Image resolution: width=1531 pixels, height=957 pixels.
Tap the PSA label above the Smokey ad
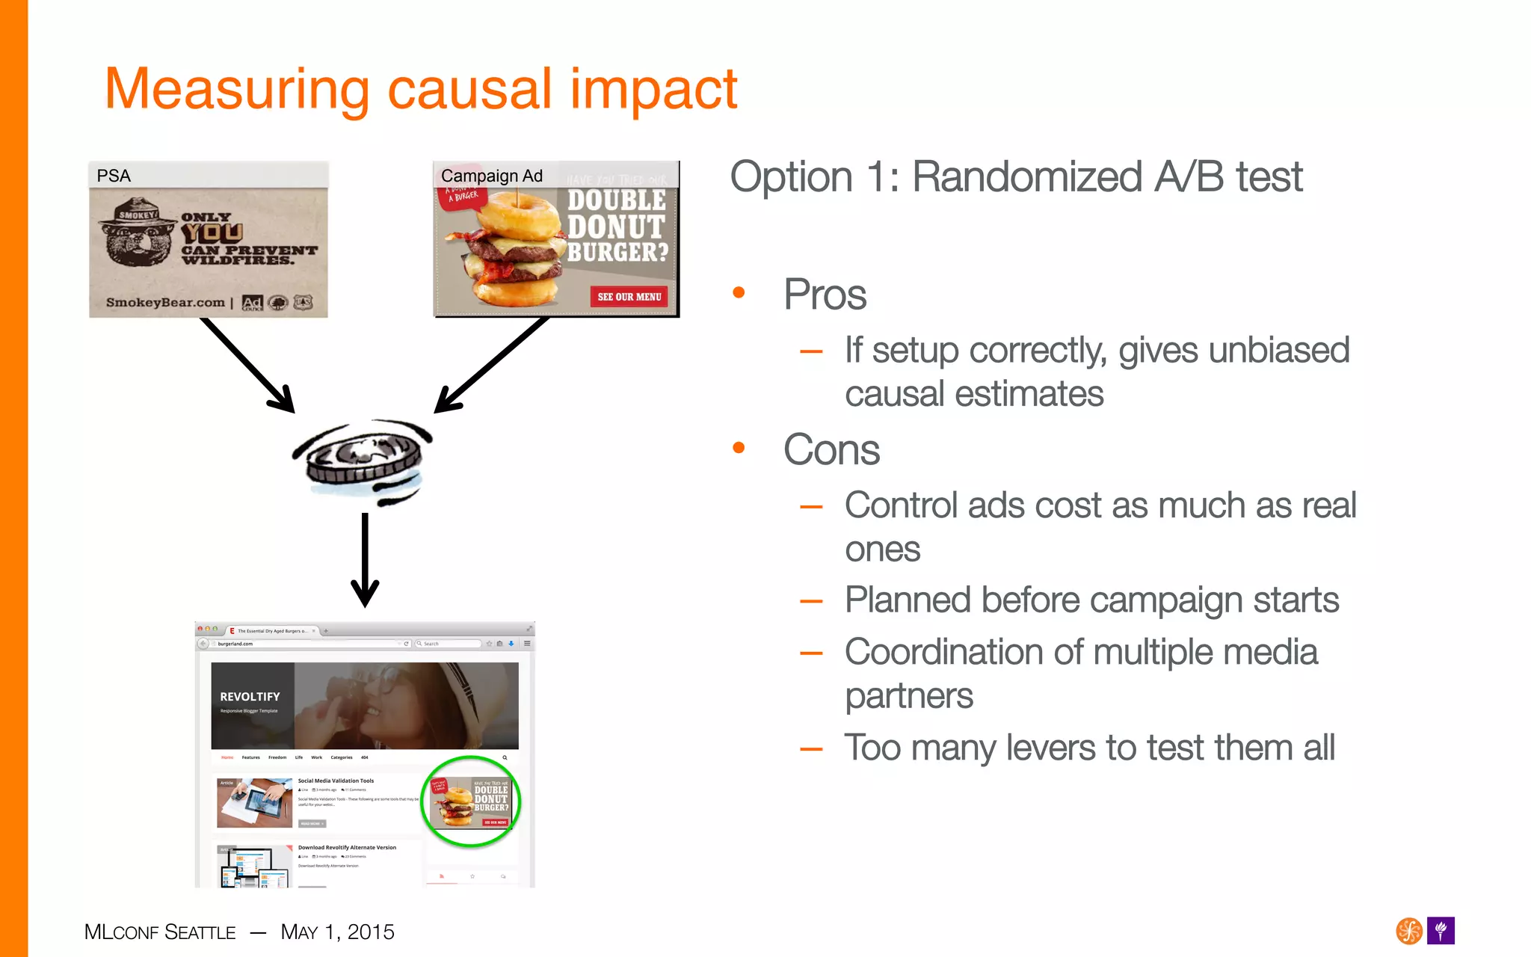click(x=114, y=176)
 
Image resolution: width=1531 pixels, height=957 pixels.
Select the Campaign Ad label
click(x=491, y=176)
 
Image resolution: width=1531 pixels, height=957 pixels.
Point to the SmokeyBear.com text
click(x=165, y=303)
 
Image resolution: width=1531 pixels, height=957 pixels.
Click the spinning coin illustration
click(x=363, y=460)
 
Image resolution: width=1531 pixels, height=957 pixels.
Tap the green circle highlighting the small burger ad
click(x=471, y=801)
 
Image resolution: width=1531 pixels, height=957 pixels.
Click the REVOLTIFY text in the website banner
click(x=250, y=697)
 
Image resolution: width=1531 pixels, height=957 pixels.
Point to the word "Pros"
click(x=825, y=295)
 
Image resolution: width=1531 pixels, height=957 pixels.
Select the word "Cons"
click(x=831, y=450)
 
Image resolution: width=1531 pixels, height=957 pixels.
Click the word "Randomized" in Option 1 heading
click(x=1027, y=178)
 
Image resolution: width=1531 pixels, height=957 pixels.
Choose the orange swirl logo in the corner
click(x=1409, y=931)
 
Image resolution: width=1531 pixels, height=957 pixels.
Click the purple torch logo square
click(x=1441, y=931)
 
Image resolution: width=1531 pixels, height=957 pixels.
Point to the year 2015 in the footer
click(x=371, y=932)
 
